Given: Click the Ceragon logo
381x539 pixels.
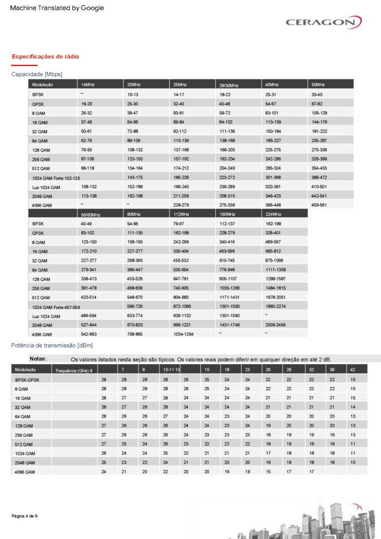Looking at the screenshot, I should coord(323,22).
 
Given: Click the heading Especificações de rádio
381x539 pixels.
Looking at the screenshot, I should coord(45,56).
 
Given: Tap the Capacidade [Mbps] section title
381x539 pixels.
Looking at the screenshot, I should coord(37,74).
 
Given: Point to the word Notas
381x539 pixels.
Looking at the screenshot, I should coord(38,358).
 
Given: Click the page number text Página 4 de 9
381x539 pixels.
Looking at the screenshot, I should coord(24,516).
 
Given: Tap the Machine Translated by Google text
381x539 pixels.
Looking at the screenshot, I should coord(57,8).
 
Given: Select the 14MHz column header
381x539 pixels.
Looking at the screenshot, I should coord(88,85).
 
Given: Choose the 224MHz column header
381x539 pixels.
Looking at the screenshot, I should coord(273,214).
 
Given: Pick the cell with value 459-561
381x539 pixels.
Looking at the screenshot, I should coord(319,205).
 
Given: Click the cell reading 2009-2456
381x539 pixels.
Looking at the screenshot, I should coord(276,325).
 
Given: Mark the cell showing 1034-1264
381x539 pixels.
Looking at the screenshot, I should coord(184,334).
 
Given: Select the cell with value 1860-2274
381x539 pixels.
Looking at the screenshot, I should coord(276,306).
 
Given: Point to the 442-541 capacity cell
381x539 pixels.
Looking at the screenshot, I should coord(319,196).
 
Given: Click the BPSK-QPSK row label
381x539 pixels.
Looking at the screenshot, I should coord(28,379).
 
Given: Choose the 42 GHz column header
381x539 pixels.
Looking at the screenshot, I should coord(352,370).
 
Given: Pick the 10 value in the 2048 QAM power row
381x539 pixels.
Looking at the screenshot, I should coord(353,462).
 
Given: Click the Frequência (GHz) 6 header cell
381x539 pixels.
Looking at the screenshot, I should coord(74,371).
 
